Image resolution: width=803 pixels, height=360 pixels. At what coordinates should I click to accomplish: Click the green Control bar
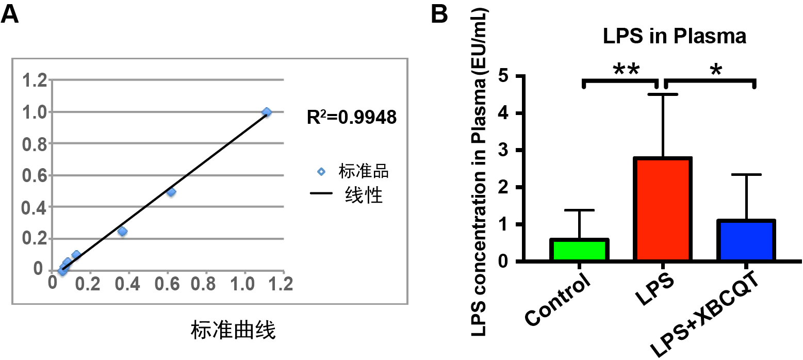click(580, 251)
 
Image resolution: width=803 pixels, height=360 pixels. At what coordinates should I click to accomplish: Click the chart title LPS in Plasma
click(675, 37)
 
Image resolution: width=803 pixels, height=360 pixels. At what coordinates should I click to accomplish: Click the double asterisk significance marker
click(626, 70)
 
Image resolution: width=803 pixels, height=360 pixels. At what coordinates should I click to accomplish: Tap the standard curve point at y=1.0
click(267, 112)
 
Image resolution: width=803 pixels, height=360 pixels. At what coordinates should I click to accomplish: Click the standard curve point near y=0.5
click(171, 192)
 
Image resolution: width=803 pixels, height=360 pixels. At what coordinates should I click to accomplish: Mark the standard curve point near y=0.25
click(122, 232)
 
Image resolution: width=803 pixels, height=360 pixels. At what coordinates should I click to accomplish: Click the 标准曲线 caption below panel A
click(233, 331)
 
